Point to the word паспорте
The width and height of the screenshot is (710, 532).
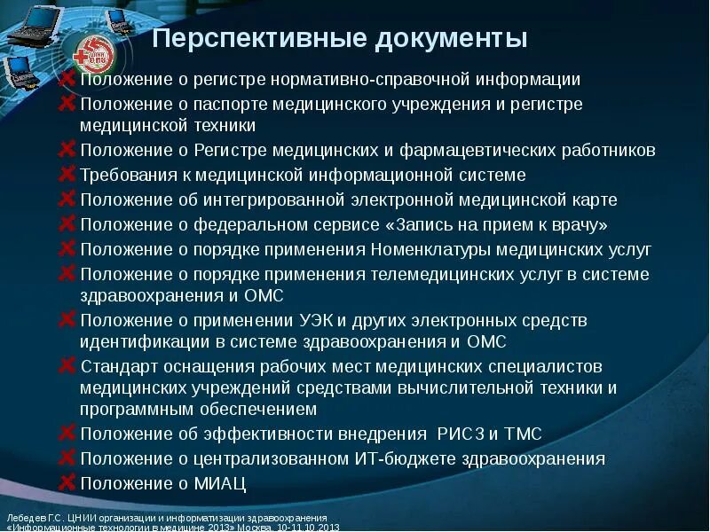(227, 105)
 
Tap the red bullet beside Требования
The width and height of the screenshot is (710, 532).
(67, 175)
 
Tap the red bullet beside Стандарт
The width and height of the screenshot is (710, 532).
(67, 365)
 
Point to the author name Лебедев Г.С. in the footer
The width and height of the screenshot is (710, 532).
(30, 517)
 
